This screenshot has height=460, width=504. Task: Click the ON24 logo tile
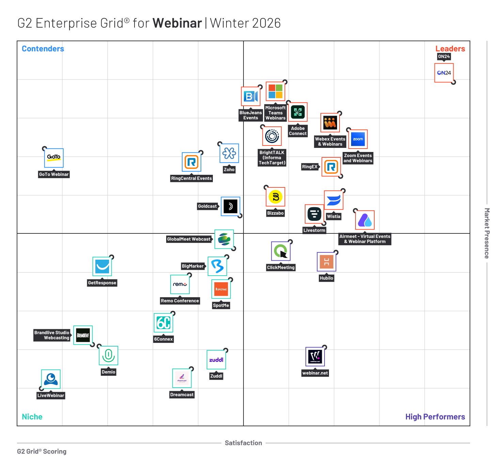point(444,73)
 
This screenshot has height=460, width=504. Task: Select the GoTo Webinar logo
point(54,158)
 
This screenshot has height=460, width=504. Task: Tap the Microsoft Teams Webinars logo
point(275,91)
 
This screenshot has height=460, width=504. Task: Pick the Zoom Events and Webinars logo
point(358,139)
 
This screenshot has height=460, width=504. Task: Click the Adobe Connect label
point(298,131)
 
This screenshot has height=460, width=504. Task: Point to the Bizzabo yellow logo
point(275,197)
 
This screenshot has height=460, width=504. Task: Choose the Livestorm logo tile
point(314,214)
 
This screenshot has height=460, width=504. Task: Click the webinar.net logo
point(315,357)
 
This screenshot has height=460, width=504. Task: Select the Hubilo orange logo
point(326,262)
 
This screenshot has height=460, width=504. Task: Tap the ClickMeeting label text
point(281,267)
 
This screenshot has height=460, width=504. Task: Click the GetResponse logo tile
point(102,266)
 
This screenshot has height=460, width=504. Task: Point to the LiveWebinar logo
point(51,379)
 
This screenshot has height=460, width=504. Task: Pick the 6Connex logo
point(163,323)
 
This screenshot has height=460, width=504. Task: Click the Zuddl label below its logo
point(216,376)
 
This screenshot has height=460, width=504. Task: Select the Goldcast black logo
point(230,206)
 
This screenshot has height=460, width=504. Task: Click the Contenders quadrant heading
point(43,49)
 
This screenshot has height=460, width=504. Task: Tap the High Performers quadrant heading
point(435,417)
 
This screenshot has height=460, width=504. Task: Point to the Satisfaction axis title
point(243,443)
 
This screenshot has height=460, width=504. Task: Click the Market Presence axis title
point(487,233)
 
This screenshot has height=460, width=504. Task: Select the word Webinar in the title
point(177,23)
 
